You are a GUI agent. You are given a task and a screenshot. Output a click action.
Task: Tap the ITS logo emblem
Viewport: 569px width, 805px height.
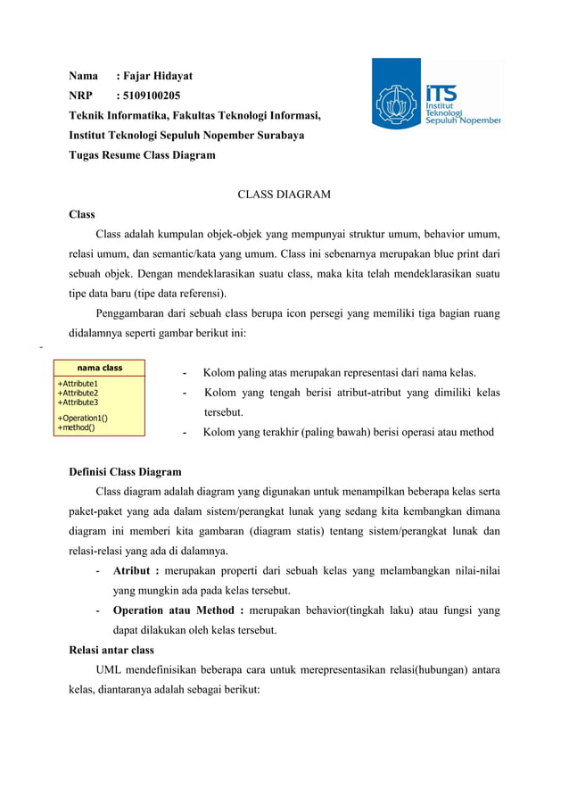397,105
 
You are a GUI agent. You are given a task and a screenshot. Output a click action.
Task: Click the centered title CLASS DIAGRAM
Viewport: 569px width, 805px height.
284,195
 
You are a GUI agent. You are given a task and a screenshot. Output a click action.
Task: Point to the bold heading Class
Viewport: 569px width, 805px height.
82,214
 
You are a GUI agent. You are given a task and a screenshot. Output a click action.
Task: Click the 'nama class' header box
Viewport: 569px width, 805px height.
99,368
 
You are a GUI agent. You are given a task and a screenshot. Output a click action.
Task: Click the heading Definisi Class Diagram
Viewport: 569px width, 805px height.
125,472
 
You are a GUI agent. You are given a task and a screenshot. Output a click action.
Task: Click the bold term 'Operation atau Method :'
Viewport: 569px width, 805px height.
178,610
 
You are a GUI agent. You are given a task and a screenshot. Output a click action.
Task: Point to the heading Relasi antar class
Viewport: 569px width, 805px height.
111,650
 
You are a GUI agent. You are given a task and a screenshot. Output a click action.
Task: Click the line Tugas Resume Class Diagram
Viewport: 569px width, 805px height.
142,154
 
